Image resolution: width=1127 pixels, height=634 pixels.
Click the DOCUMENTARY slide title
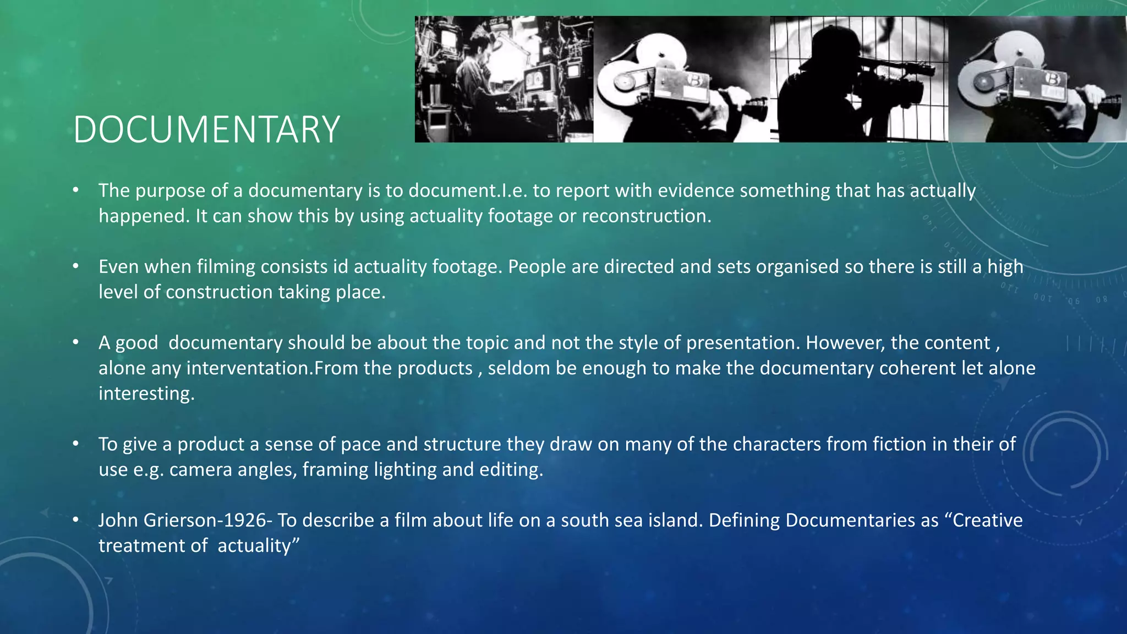(x=206, y=130)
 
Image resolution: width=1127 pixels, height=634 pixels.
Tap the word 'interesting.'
(x=146, y=393)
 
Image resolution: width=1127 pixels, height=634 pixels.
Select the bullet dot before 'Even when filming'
(x=76, y=266)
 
